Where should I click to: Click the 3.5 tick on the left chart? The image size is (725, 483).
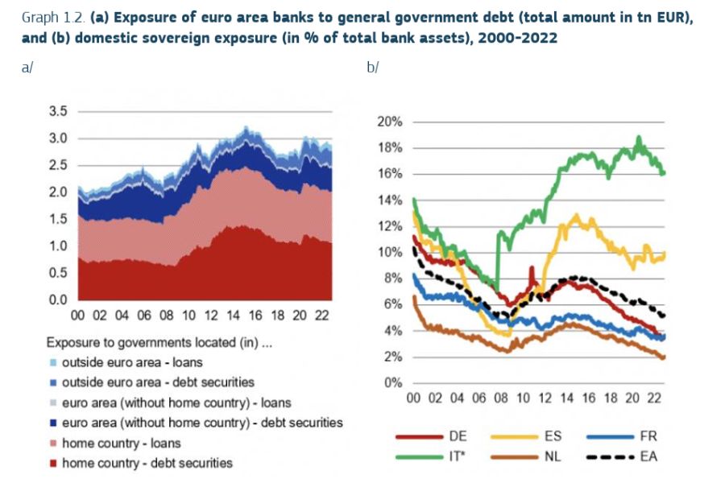point(58,111)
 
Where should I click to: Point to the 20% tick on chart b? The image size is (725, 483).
point(389,122)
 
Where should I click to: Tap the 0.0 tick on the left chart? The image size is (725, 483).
point(58,299)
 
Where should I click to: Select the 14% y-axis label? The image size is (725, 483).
point(389,200)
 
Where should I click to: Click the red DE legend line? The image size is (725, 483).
point(418,437)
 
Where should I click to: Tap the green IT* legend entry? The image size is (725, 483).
point(418,457)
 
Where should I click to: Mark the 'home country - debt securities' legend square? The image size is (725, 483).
point(53,464)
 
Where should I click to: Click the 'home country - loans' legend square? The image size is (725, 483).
point(53,444)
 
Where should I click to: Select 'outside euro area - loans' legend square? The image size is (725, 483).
point(53,363)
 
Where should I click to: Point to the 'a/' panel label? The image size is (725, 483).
point(27,68)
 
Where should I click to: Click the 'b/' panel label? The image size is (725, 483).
point(372,68)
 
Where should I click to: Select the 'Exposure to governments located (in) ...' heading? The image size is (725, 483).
point(159,343)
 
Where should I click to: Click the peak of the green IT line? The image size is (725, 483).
point(639,138)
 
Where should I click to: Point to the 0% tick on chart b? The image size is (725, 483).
point(392,382)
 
